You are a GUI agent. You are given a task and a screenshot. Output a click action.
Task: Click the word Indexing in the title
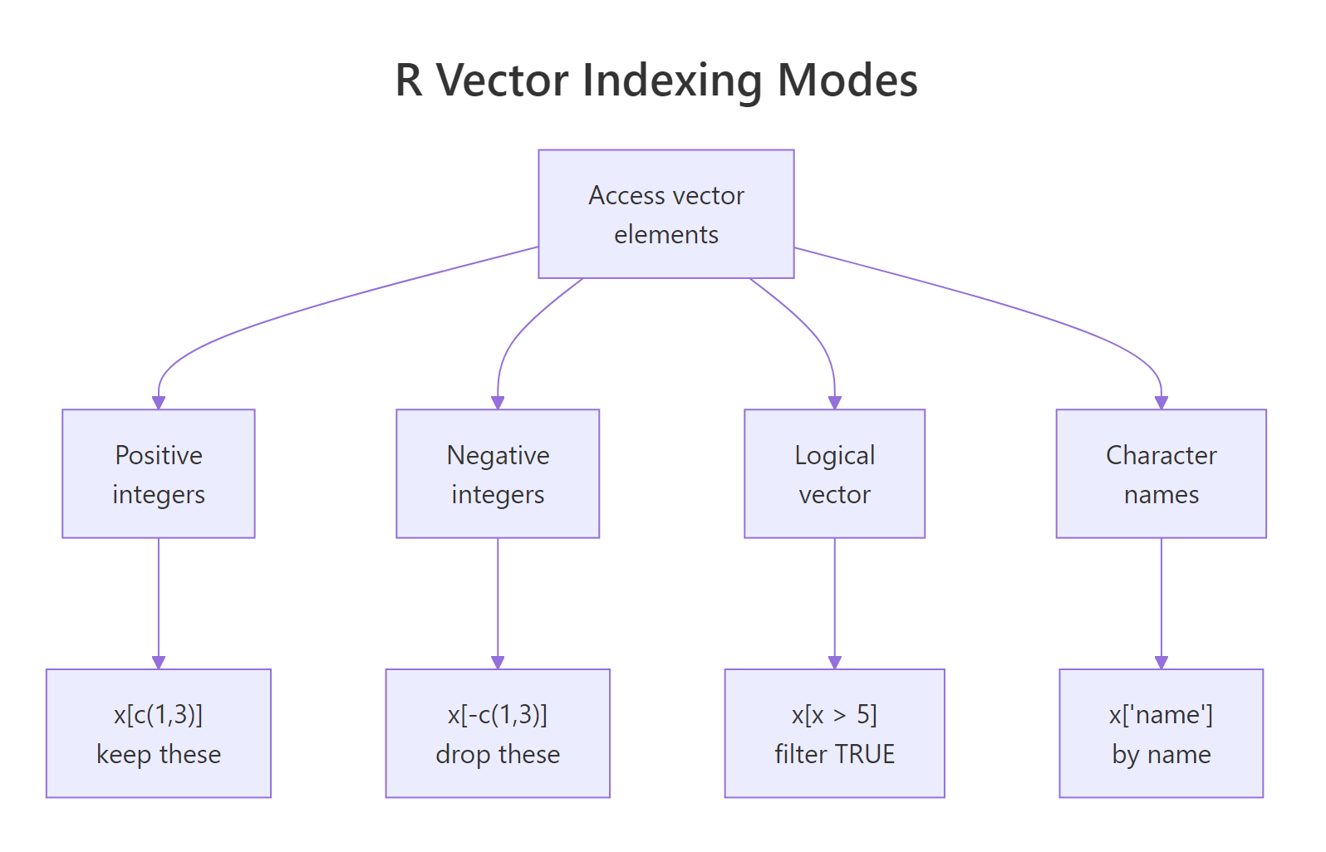[671, 81]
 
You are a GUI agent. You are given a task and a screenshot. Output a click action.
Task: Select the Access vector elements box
[665, 214]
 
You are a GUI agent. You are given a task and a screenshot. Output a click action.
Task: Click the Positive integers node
[159, 473]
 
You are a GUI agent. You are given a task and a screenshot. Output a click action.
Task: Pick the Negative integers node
[498, 473]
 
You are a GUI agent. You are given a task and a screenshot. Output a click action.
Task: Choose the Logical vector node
[834, 473]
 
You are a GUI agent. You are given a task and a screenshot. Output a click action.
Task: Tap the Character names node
[1161, 473]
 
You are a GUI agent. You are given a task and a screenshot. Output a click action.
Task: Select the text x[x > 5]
[834, 714]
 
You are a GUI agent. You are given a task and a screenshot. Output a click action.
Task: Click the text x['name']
[1161, 714]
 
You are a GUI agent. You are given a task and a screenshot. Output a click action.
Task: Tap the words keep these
[159, 754]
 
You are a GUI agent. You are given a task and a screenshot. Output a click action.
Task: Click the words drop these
[498, 754]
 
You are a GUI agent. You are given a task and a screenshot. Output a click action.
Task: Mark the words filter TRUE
[834, 754]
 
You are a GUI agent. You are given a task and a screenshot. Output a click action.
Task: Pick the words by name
[1161, 754]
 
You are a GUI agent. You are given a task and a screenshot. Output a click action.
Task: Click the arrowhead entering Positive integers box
[159, 403]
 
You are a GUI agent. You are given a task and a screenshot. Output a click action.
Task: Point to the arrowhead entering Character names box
[1161, 403]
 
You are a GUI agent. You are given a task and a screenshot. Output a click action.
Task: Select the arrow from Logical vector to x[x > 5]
[834, 602]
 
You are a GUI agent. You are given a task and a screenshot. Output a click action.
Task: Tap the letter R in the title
[409, 81]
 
